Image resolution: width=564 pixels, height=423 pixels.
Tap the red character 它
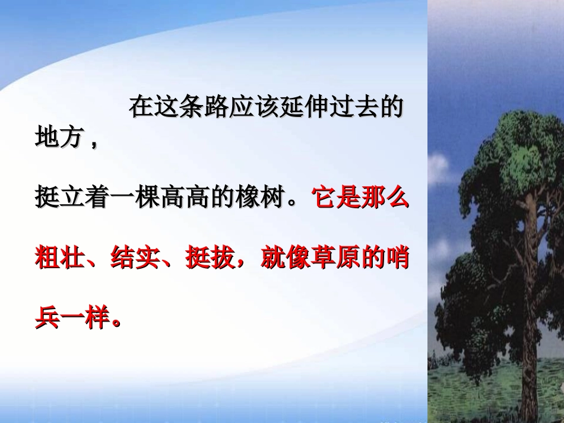pyautogui.click(x=328, y=199)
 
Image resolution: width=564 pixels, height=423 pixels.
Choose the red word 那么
pyautogui.click(x=390, y=199)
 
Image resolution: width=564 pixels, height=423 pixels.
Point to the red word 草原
pyautogui.click(x=327, y=259)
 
